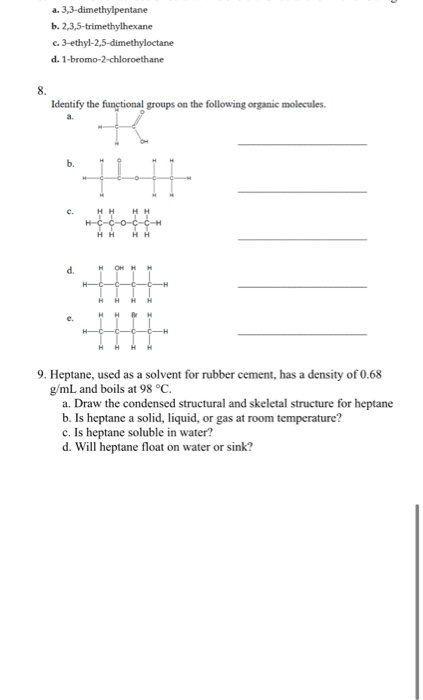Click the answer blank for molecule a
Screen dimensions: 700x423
[x=302, y=146]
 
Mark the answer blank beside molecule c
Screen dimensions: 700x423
[x=302, y=239]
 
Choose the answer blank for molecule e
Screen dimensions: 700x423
[x=302, y=334]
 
